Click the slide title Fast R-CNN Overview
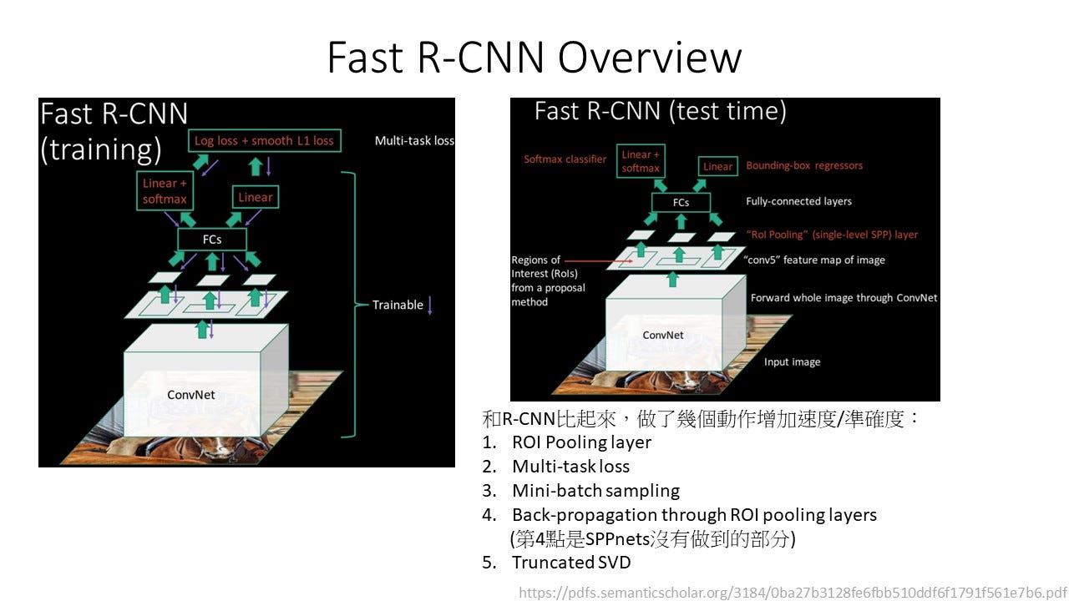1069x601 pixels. click(534, 58)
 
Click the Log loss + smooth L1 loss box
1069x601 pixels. click(265, 141)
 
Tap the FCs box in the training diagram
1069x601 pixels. click(212, 240)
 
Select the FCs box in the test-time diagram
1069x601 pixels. click(681, 202)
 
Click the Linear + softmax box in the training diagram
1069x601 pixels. click(165, 191)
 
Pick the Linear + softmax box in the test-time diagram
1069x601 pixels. click(641, 161)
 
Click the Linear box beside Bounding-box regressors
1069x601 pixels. click(717, 166)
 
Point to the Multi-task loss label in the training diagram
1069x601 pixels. click(414, 141)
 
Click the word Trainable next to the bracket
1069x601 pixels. click(398, 305)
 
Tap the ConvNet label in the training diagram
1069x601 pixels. click(191, 395)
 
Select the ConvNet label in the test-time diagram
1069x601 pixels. click(663, 336)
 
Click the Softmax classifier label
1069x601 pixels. click(565, 159)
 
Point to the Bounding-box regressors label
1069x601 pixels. click(804, 165)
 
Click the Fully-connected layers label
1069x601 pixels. click(799, 201)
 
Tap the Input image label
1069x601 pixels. click(793, 362)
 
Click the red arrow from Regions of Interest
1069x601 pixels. click(599, 261)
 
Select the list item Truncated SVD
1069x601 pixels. click(571, 563)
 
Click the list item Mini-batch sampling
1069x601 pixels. click(595, 491)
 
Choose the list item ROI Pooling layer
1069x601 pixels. click(581, 442)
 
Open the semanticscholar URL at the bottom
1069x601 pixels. click(793, 593)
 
